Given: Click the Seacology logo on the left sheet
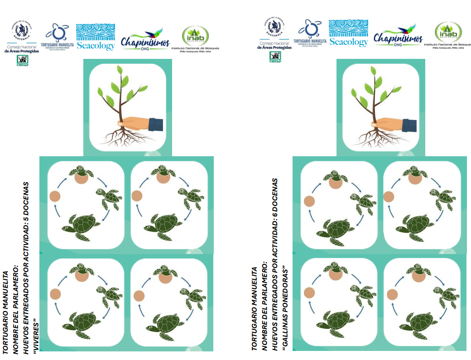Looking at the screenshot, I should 95,37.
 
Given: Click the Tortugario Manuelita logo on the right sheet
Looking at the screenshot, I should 311,33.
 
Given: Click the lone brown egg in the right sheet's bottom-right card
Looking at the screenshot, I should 392,295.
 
